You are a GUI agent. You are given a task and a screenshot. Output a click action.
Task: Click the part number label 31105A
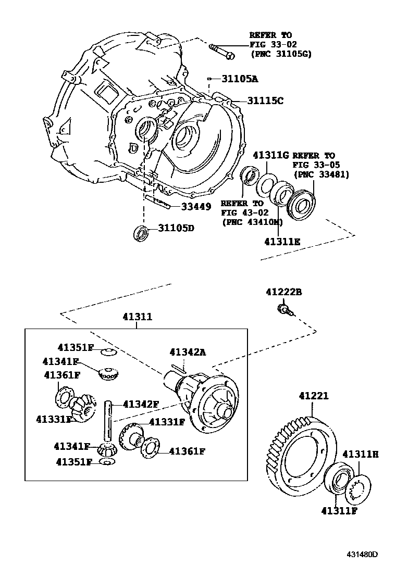pos(240,79)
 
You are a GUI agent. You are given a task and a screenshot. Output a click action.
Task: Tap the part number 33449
pos(196,207)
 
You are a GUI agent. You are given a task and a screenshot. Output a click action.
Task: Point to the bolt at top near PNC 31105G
pos(222,51)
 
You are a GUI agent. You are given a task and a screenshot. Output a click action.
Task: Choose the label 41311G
pos(270,155)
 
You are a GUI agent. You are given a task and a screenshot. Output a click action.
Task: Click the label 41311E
pos(282,242)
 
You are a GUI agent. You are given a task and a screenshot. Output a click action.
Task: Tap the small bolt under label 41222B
pos(284,311)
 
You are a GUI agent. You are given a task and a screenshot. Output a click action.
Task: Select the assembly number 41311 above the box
pos(138,317)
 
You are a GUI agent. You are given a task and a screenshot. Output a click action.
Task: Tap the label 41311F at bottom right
pos(339,510)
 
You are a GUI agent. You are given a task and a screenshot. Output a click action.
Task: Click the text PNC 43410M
pos(252,222)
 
